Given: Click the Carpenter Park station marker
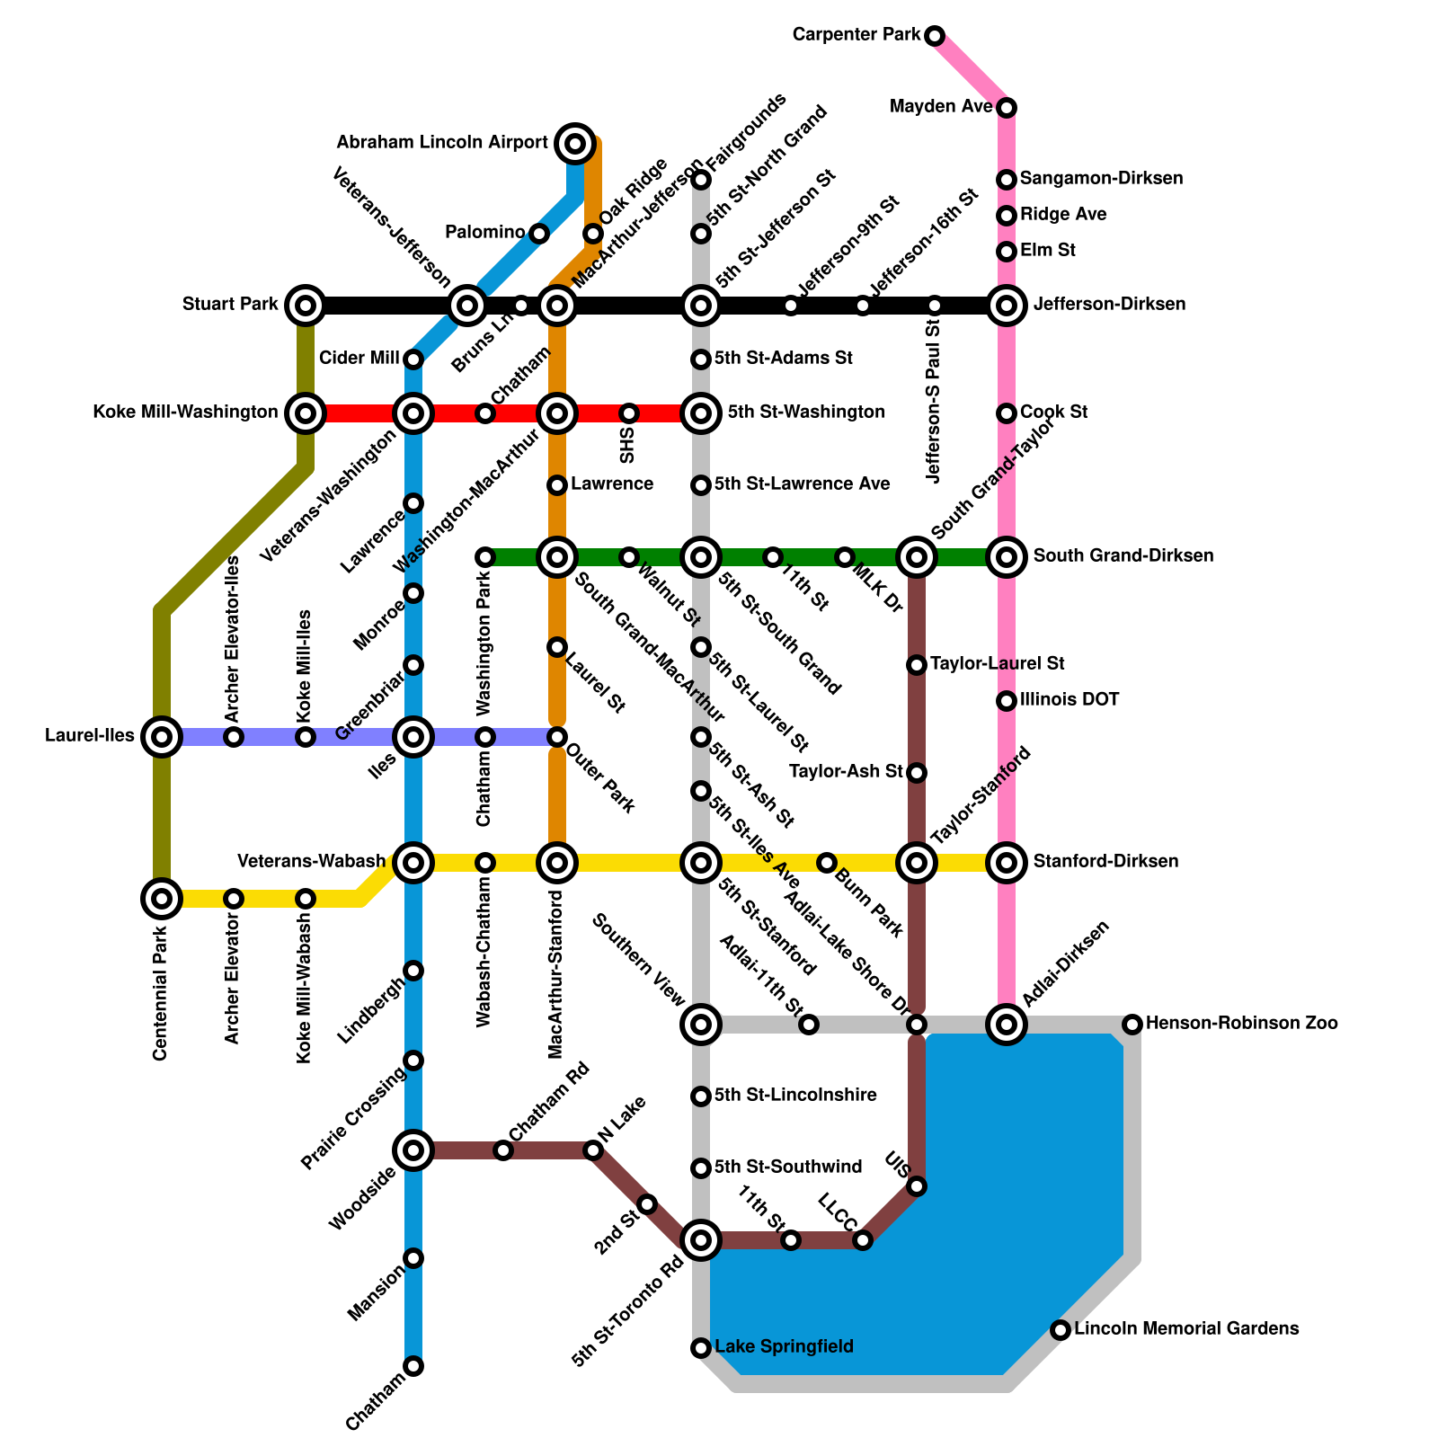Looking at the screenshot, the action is [x=935, y=36].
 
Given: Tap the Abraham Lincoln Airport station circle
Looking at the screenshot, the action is [x=575, y=143].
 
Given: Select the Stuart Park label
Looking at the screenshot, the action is [x=230, y=305].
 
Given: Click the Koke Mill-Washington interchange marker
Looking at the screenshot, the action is [x=306, y=413].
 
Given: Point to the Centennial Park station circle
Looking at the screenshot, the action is [x=162, y=898].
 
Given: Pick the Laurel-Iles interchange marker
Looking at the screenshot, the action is [x=162, y=737].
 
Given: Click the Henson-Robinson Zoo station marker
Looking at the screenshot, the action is [x=1132, y=1024].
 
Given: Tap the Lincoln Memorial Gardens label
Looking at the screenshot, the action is [x=1186, y=1328].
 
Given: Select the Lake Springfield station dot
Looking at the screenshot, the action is [x=701, y=1347].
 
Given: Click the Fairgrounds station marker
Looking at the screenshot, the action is [x=701, y=181].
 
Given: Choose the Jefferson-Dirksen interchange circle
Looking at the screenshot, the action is [x=1007, y=306].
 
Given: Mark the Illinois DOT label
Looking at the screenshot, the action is [x=1070, y=700].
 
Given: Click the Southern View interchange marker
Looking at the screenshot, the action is [x=701, y=1024].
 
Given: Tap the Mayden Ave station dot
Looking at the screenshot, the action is [x=1007, y=108].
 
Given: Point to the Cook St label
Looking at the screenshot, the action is [x=1053, y=413].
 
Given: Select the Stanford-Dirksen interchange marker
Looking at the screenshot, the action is [x=1007, y=863].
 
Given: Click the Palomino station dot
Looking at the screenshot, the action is [x=538, y=234].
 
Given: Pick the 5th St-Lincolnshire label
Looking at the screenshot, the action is [x=795, y=1096].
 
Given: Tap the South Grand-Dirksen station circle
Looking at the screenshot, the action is [x=1007, y=557].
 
